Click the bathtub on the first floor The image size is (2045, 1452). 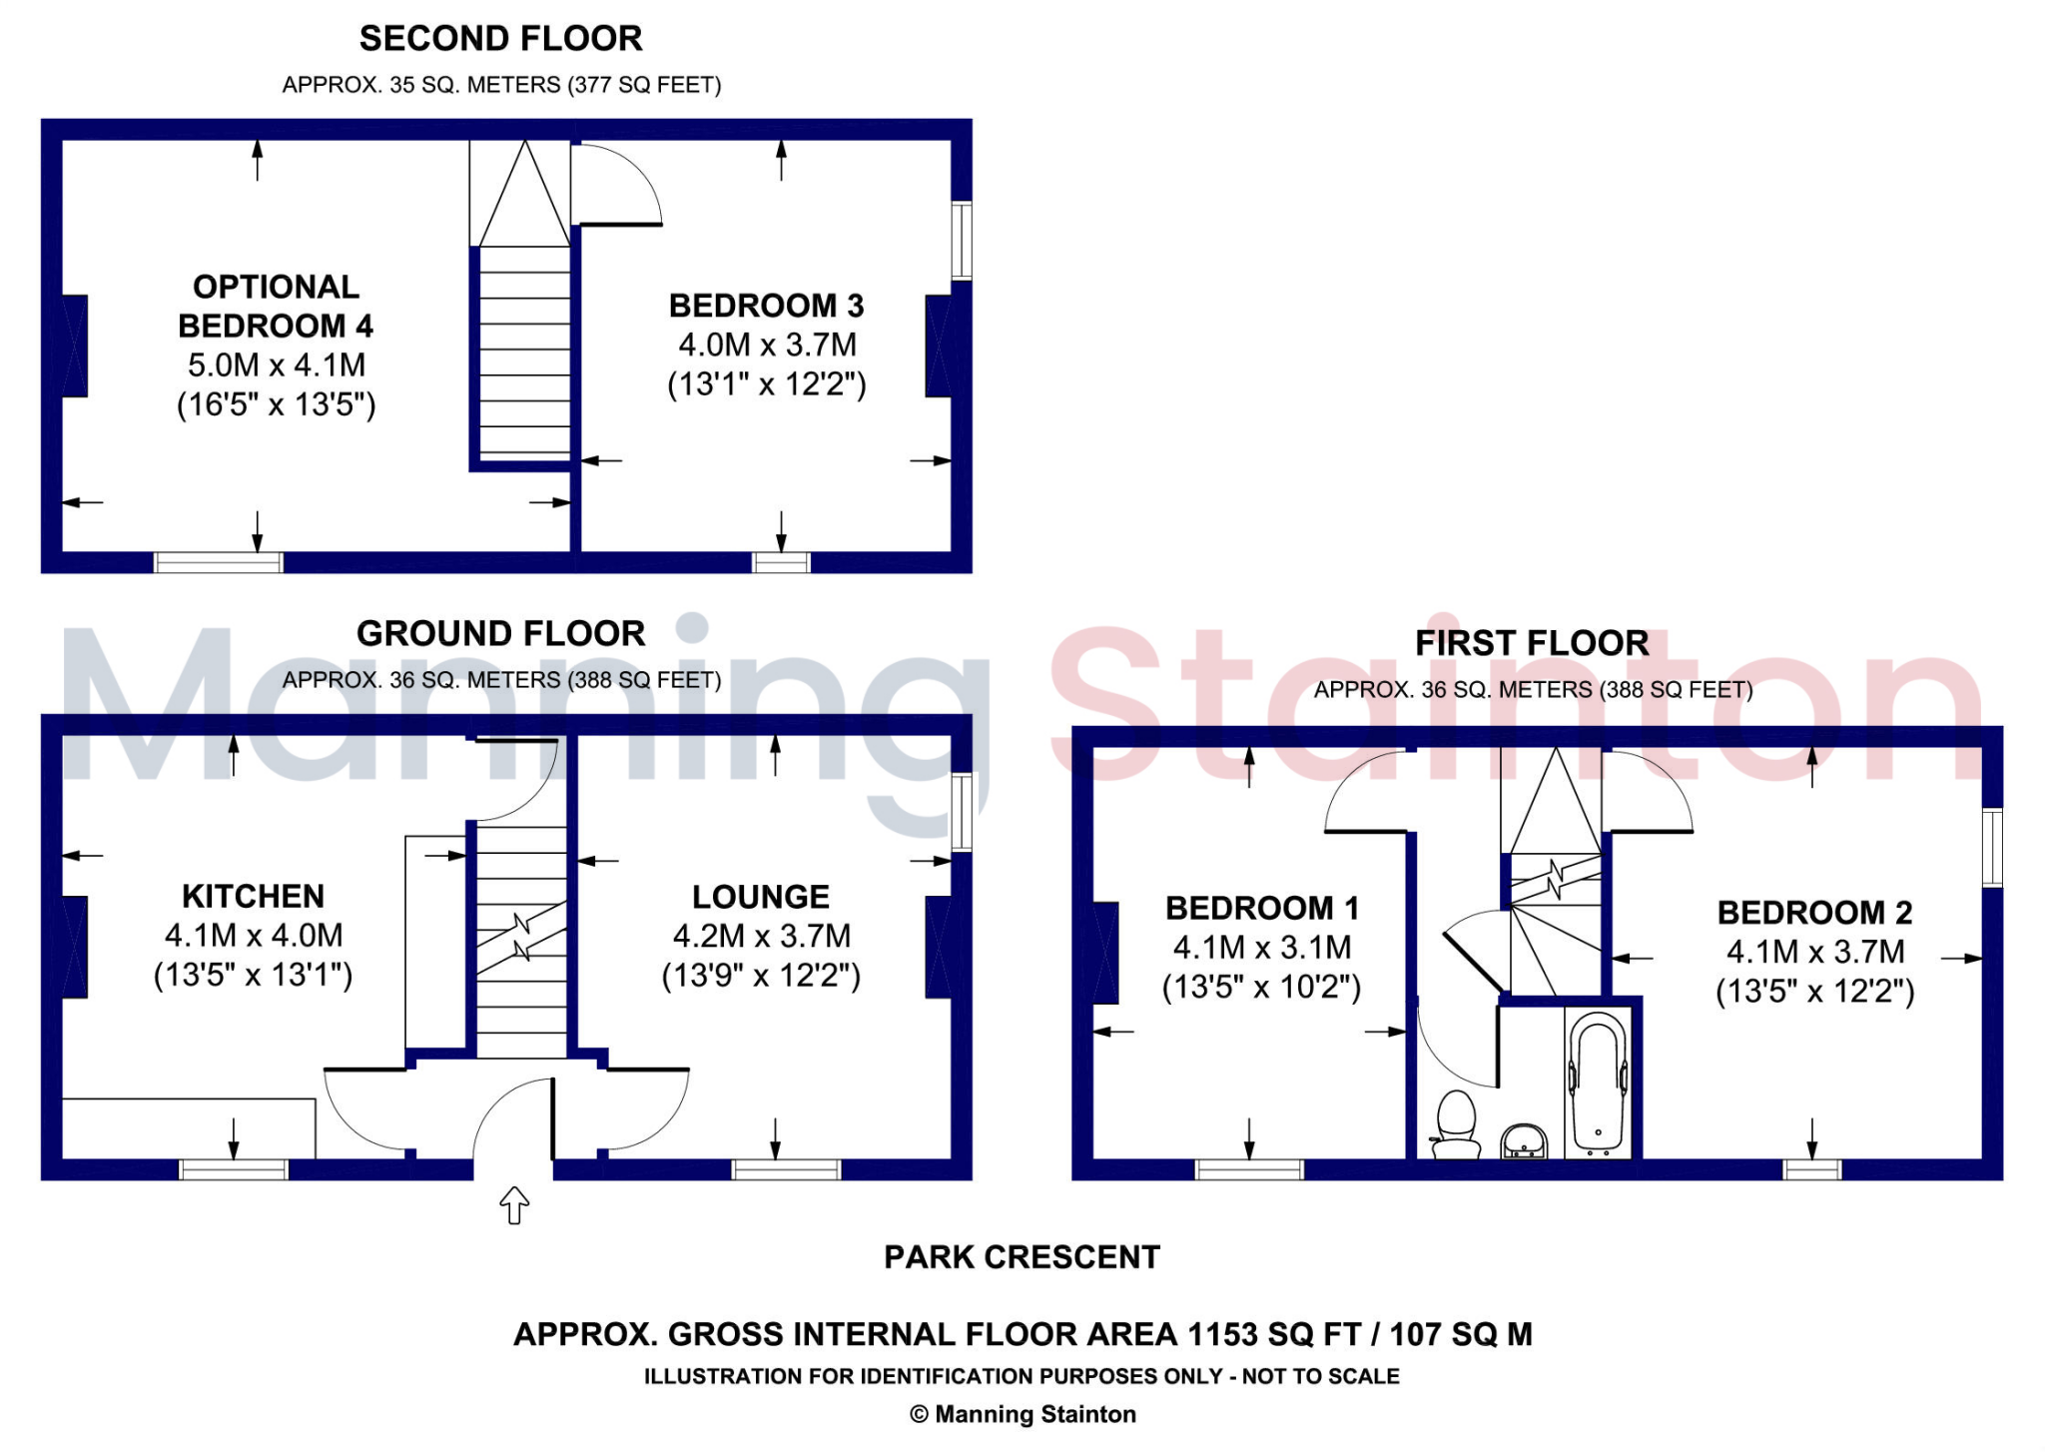tap(1598, 1084)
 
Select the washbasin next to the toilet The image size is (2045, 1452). tap(1524, 1139)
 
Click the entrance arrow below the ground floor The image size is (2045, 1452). tap(513, 1204)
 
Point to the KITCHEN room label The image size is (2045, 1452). tap(253, 896)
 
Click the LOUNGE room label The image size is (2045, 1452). tap(761, 897)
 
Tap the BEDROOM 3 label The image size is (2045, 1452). tap(766, 306)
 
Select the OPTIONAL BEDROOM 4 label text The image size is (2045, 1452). tap(276, 306)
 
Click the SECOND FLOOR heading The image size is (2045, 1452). tap(500, 39)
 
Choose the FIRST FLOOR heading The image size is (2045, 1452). tap(1532, 643)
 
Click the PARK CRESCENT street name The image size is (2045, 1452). tap(1022, 1257)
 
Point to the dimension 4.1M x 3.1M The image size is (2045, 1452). tap(1261, 948)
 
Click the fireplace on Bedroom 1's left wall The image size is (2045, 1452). tap(1105, 953)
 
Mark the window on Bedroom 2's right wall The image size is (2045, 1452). tap(1992, 847)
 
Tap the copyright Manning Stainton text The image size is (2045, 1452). tap(1022, 1414)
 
